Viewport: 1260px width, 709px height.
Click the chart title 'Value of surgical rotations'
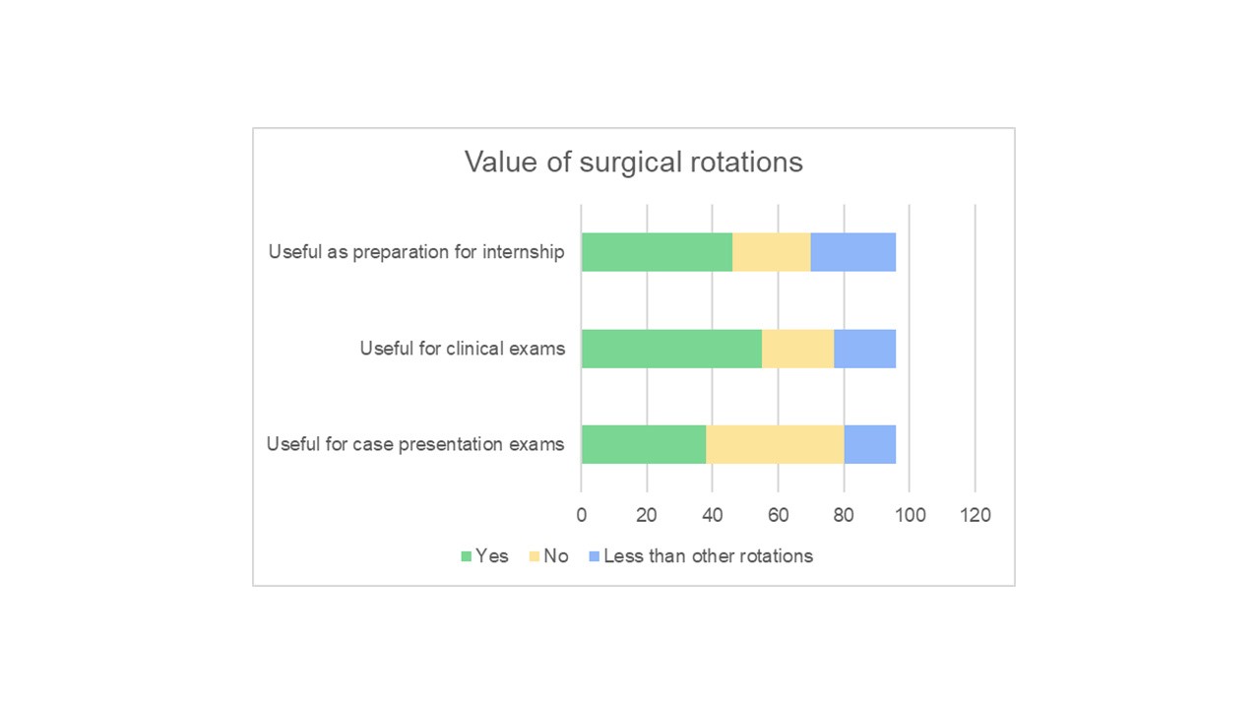pos(633,161)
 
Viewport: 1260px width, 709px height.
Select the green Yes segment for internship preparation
pos(657,252)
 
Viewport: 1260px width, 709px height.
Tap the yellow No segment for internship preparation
pos(771,252)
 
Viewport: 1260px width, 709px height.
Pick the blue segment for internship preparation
pos(852,252)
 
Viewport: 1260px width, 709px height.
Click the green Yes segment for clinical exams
pos(671,349)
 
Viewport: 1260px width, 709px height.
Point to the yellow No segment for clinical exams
pos(797,349)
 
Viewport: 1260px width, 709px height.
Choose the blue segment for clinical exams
pos(864,349)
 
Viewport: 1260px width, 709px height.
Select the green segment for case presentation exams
pos(644,444)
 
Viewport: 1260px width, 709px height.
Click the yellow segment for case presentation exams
pos(775,444)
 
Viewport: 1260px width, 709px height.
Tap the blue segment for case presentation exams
pos(869,444)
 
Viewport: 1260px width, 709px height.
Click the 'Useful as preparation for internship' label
pos(416,252)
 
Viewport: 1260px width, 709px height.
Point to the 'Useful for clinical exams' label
pos(462,349)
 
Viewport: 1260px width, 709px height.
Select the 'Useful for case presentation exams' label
pos(414,444)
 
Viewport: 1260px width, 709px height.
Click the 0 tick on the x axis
pos(581,515)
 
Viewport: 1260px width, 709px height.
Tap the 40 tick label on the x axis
pos(713,515)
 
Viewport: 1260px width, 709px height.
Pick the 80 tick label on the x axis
pos(844,515)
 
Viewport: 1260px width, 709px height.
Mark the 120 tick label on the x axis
pos(975,515)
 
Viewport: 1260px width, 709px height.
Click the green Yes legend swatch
pos(466,556)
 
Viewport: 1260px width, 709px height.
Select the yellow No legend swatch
pos(535,556)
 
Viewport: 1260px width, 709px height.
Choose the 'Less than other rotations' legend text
pos(708,556)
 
